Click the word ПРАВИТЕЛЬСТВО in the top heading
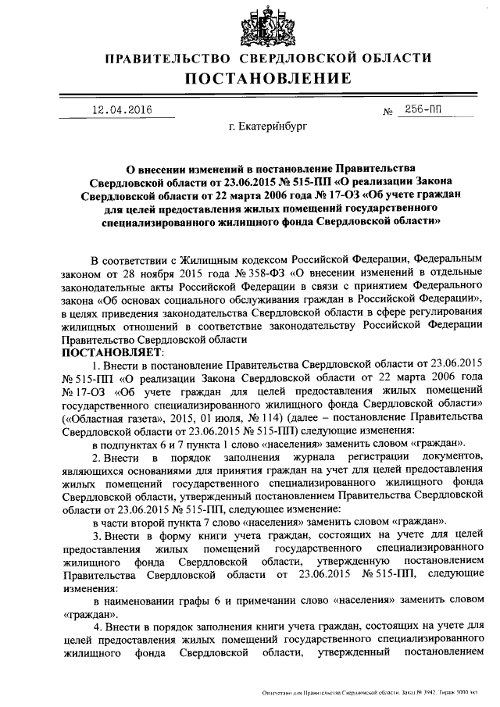(x=168, y=59)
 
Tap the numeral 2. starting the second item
(x=96, y=455)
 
